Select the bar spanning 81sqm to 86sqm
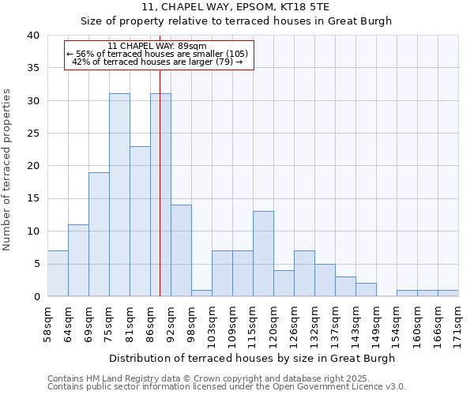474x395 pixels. [140, 221]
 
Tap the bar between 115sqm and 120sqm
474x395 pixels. [263, 254]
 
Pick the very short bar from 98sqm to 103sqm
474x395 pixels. [201, 293]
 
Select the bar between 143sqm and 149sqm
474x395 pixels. [366, 289]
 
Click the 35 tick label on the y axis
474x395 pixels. [32, 68]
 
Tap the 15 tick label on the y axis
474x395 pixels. [32, 198]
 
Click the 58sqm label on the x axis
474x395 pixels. [47, 323]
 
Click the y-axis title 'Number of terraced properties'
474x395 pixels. [8, 170]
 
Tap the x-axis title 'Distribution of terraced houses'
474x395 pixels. [251, 358]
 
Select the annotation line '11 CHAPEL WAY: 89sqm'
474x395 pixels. [157, 46]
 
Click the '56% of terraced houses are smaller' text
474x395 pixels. [157, 54]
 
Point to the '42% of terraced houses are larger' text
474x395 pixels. [157, 62]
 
